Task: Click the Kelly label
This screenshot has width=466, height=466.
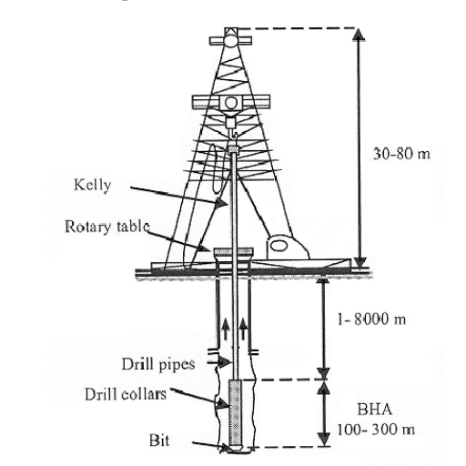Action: click(93, 185)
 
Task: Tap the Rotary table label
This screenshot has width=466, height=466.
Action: click(107, 227)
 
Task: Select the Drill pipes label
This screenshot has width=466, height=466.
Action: click(158, 364)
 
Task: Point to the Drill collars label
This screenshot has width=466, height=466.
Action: click(126, 395)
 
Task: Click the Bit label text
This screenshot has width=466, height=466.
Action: click(159, 441)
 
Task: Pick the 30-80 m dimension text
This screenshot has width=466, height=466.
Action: click(401, 154)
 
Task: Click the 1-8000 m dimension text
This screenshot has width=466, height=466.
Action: click(371, 319)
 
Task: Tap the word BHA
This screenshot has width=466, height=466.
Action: click(375, 410)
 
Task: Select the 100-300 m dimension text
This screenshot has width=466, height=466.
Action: click(376, 430)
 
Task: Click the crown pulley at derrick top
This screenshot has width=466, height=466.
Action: click(231, 40)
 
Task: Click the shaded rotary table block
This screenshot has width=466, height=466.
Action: click(233, 251)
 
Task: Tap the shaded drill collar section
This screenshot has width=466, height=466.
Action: click(235, 412)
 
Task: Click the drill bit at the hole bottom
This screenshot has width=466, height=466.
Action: click(235, 449)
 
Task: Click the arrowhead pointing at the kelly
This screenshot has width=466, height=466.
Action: click(221, 202)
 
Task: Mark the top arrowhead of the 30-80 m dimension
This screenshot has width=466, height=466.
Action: click(359, 35)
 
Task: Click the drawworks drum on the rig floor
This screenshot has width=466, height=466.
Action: click(278, 245)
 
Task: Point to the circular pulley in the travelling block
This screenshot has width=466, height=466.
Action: click(231, 103)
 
